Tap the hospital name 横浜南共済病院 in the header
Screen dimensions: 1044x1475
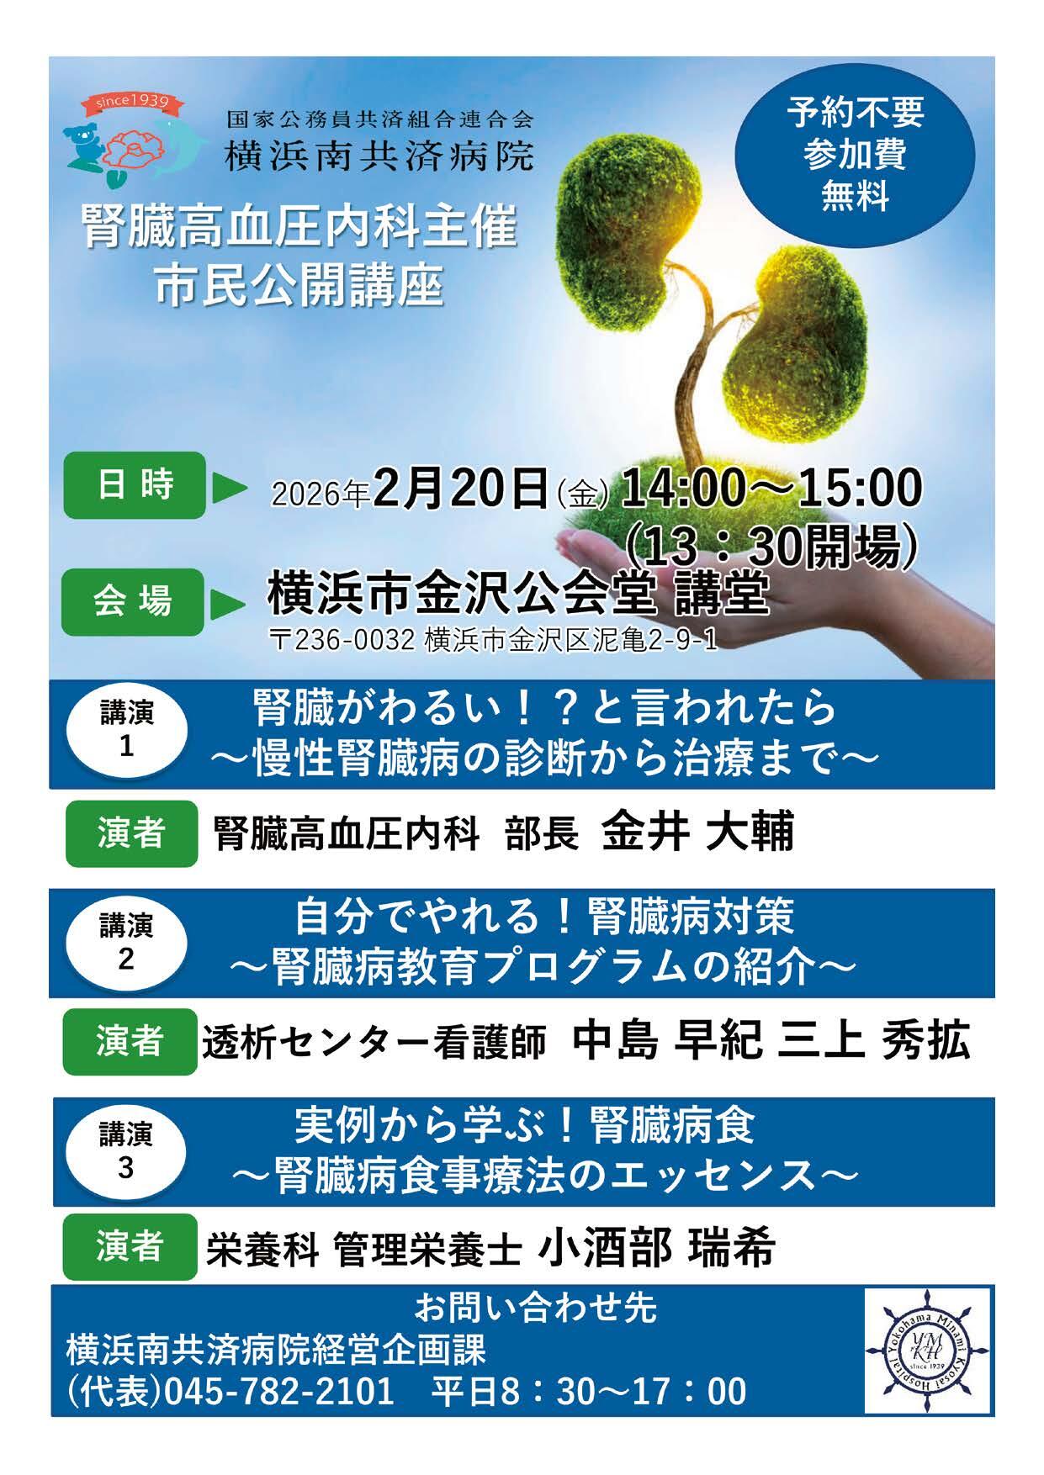379,156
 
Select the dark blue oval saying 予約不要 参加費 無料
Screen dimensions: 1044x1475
855,155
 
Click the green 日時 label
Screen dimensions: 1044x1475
135,485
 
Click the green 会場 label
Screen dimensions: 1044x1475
133,602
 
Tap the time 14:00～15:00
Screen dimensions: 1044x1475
771,489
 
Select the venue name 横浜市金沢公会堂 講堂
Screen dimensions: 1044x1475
518,595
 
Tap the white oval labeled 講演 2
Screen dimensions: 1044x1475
126,941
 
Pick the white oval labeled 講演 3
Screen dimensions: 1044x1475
126,1151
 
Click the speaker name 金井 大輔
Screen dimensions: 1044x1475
698,832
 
